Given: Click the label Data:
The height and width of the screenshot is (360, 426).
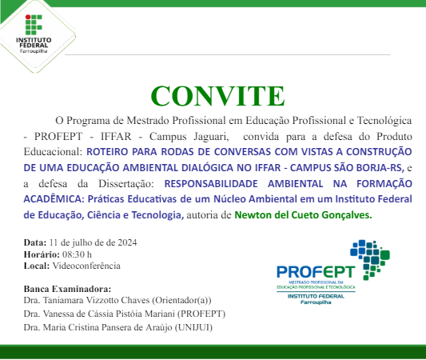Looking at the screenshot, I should pos(35,242).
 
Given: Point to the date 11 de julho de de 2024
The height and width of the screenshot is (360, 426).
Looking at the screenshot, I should pos(94,242).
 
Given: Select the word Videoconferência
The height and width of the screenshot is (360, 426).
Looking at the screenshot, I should pos(86,265).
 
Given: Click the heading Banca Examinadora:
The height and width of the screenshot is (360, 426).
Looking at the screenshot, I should pos(68,289).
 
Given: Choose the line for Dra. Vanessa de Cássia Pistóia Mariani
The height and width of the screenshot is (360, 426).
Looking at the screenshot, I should pos(125,314).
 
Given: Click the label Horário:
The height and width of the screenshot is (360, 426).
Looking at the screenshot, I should pos(41,254).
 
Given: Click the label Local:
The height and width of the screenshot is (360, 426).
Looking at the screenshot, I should pos(37,265).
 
